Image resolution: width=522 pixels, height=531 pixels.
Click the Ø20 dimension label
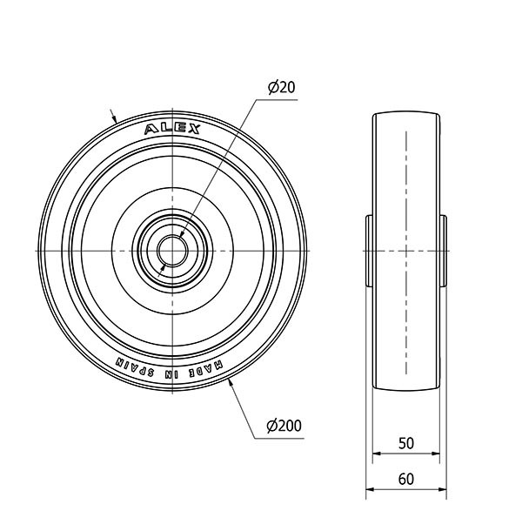[281, 88]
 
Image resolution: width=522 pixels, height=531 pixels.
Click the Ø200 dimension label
[284, 426]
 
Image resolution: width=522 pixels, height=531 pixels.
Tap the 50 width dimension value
[406, 443]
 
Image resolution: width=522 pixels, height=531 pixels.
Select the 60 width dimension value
[406, 479]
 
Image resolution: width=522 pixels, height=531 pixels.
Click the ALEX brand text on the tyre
[172, 129]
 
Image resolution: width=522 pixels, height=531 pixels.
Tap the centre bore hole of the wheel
[172, 251]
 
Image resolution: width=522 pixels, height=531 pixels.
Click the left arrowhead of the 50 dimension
[377, 454]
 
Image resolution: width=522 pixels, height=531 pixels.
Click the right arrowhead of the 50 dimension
[435, 454]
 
